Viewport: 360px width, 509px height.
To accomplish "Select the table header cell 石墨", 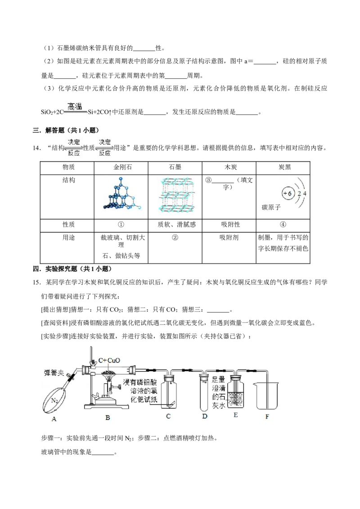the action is tap(175, 168).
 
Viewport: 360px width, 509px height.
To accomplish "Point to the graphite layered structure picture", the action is tap(176, 195).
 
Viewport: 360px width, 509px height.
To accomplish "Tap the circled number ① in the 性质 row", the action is tap(121, 225).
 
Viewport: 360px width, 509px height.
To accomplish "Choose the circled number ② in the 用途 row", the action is tap(175, 237).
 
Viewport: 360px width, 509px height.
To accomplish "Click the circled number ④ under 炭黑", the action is tap(283, 225).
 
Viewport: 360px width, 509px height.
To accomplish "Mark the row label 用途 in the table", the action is tap(68, 237).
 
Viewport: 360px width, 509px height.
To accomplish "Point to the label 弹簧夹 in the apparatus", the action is tap(54, 373).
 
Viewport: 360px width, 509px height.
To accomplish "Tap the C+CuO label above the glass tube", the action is tap(109, 360).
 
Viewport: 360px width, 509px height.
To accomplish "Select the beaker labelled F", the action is tap(267, 396).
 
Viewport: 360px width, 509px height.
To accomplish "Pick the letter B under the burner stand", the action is tap(108, 418).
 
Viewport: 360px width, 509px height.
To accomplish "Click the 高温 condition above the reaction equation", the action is tap(75, 106).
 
